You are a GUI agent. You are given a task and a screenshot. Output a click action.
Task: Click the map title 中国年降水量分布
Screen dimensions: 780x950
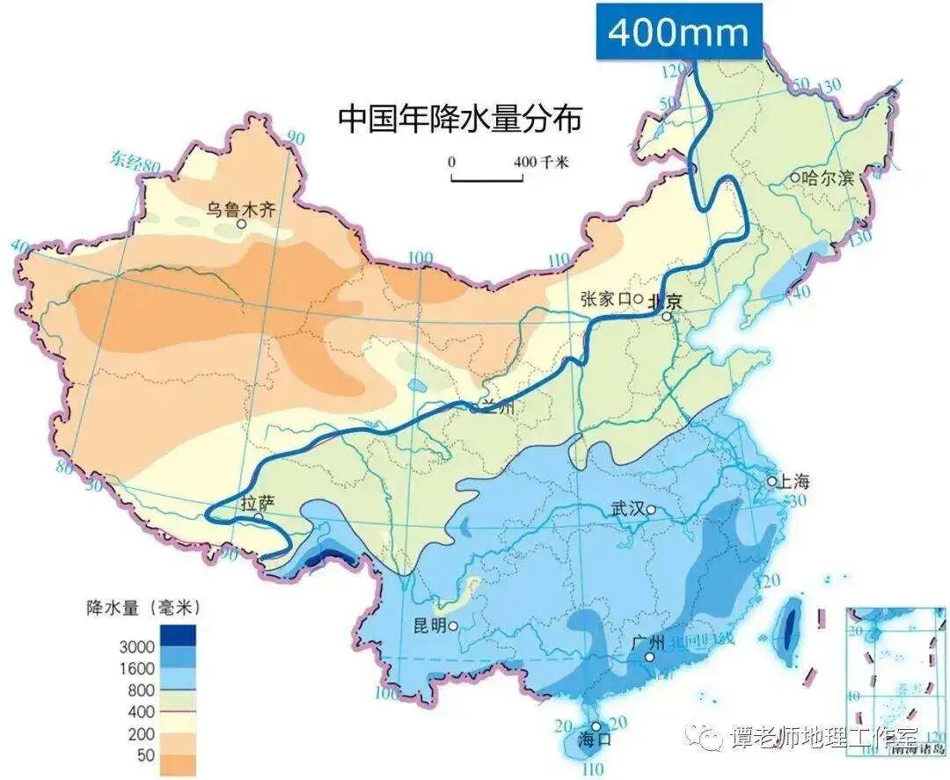tap(459, 119)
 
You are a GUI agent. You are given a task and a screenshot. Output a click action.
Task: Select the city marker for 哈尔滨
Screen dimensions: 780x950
tap(794, 177)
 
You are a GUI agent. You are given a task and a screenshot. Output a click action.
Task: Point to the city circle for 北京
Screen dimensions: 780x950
tap(668, 316)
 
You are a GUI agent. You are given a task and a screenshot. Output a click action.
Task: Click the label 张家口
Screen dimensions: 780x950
tap(606, 299)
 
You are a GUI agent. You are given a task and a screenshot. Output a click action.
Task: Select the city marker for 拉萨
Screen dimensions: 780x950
tap(259, 519)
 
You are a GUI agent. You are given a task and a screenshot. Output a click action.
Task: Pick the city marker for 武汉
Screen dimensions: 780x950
tap(651, 509)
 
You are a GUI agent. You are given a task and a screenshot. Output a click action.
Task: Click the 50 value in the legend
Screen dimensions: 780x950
tap(146, 754)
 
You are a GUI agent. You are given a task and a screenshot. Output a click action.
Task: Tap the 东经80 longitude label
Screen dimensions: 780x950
tap(135, 161)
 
